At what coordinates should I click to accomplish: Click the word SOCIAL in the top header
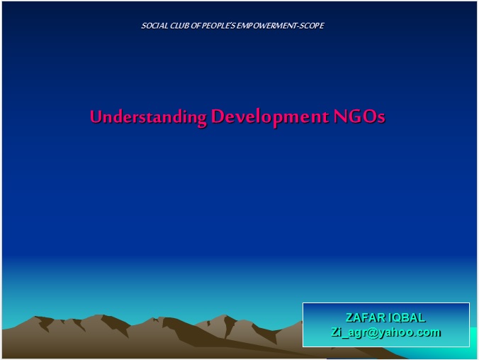point(152,26)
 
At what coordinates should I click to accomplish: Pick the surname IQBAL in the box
point(407,317)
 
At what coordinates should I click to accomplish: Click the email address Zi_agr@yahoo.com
point(386,332)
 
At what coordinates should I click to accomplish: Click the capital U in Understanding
point(96,117)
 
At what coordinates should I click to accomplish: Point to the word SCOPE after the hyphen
point(310,26)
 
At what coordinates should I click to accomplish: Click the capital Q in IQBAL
point(398,317)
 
